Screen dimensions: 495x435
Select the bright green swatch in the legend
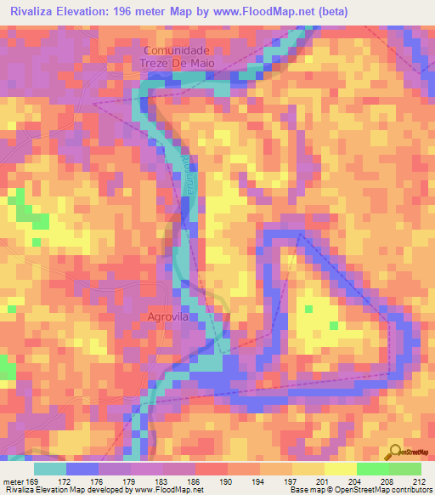(x=372, y=469)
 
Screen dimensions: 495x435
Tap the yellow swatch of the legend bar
(x=340, y=469)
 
